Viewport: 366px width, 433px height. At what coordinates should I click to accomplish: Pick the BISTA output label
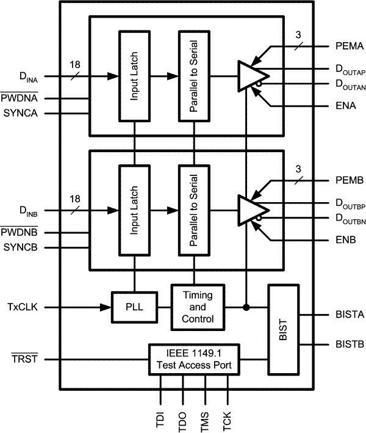(332, 315)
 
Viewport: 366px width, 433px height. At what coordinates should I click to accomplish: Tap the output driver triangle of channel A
(249, 76)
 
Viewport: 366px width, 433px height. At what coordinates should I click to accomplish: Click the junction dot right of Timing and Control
(245, 307)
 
